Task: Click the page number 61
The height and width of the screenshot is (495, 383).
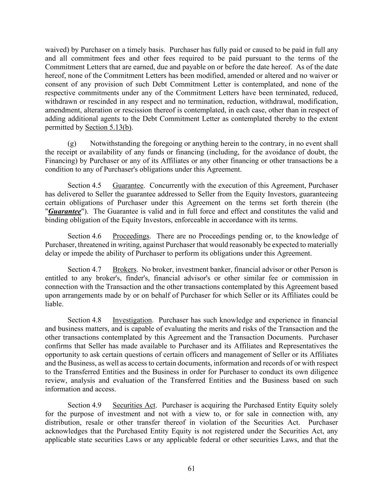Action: (191, 469)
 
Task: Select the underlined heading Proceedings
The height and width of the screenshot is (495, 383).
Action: (131, 236)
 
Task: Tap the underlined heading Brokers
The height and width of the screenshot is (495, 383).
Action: (124, 269)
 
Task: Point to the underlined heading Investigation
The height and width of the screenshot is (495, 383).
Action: (132, 320)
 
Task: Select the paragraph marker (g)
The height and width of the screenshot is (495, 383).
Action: (72, 144)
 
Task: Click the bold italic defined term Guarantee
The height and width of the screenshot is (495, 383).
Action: (65, 212)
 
